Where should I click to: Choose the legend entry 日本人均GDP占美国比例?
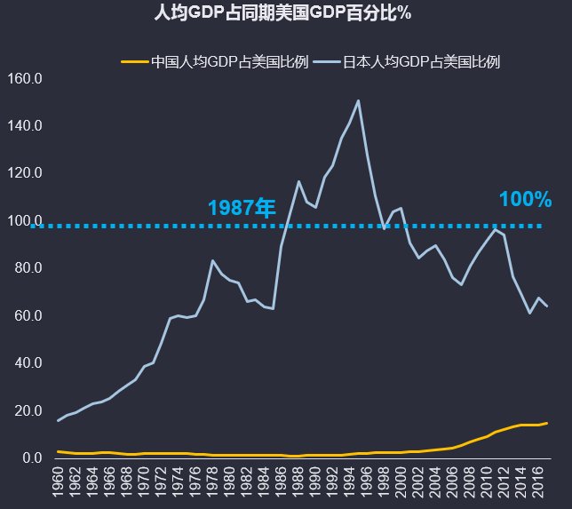pos(422,62)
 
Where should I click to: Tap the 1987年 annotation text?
pos(242,208)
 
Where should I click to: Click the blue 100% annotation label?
pos(525,200)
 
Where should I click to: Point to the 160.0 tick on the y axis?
pos(25,78)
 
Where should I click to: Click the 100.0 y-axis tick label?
pos(25,220)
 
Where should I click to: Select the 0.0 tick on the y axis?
pos(32,458)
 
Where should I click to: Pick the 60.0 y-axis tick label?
pos(25,315)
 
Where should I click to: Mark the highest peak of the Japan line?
pos(358,100)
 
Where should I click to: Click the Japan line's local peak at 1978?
pos(212,260)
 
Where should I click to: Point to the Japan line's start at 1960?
pos(59,420)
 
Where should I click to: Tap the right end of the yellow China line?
pos(547,423)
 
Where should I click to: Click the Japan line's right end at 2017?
pos(547,306)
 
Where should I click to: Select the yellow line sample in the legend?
pos(134,62)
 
